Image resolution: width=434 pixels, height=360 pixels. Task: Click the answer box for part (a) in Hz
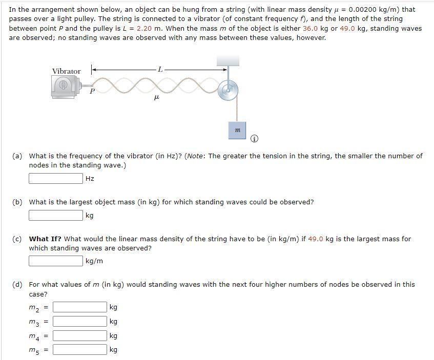56,178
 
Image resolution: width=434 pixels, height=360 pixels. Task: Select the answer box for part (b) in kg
56,215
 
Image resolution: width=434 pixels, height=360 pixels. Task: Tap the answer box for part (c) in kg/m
56,261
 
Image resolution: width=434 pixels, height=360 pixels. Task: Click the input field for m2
79,307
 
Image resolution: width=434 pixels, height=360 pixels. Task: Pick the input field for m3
79,322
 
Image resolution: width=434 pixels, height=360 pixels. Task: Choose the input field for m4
79,336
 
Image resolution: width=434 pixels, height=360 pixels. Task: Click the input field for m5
79,350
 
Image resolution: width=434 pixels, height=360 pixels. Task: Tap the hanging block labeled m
237,130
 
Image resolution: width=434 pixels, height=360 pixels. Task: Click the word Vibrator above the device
66,71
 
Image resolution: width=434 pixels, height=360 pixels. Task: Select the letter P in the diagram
92,92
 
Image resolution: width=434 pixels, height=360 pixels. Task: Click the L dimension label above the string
161,69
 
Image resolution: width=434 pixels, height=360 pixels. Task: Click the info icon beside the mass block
255,139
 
